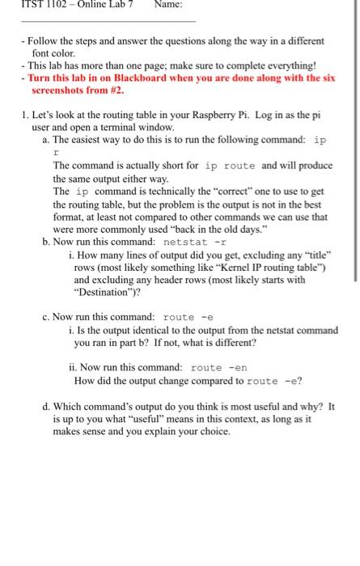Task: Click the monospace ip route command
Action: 231,166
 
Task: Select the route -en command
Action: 218,368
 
